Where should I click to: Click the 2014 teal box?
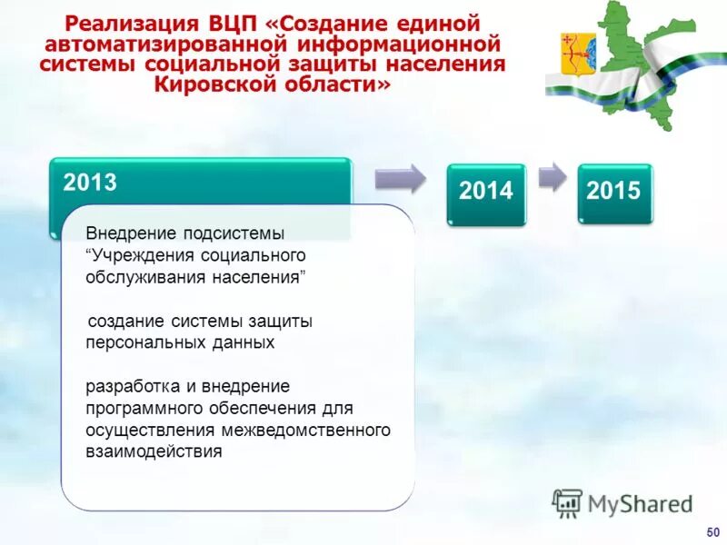(485, 193)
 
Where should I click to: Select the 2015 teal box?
(614, 193)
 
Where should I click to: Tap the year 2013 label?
(90, 183)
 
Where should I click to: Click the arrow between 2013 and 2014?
(400, 178)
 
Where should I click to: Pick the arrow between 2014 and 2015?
(552, 176)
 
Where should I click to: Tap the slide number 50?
(712, 530)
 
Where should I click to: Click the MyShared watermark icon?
(567, 503)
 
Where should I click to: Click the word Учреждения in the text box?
(137, 256)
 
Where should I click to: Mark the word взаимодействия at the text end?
(154, 451)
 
